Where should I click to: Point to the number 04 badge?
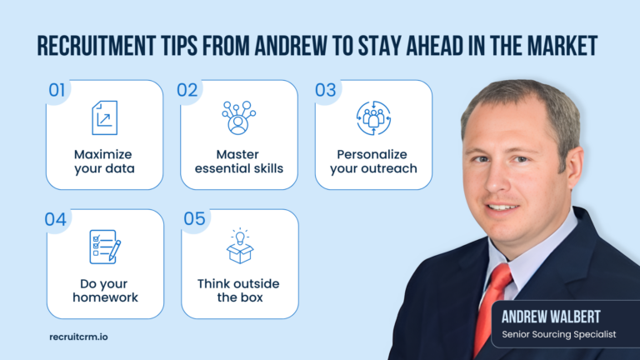(56, 220)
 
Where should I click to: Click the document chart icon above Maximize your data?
(104, 118)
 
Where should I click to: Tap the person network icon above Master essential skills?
(238, 118)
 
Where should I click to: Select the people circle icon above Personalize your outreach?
(372, 118)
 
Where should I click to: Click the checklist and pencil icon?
(104, 247)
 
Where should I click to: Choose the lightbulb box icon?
(238, 246)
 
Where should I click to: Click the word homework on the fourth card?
(104, 297)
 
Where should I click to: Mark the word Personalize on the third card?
(372, 154)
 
